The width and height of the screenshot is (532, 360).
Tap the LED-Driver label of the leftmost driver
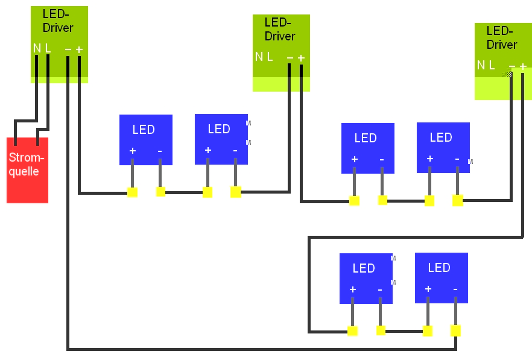[x=58, y=21]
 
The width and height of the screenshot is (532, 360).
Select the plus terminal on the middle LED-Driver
[x=301, y=58]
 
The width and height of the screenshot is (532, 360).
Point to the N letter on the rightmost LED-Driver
[x=481, y=65]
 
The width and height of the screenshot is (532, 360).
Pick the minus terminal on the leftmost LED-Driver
[x=68, y=49]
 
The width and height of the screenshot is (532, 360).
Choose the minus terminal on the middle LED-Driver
[x=290, y=58]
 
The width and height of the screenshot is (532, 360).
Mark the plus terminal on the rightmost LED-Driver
[x=522, y=66]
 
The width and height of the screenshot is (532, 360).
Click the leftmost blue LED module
[x=145, y=139]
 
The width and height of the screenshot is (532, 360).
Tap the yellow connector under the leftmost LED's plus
[x=132, y=192]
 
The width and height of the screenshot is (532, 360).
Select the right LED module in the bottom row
[x=441, y=277]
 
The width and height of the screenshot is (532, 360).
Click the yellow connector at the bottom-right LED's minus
[x=455, y=330]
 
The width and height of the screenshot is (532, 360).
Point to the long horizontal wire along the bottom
[x=259, y=349]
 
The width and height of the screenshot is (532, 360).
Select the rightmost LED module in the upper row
[x=443, y=148]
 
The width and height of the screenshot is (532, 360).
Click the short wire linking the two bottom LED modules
[x=404, y=331]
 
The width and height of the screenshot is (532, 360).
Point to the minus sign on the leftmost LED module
[x=160, y=151]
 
